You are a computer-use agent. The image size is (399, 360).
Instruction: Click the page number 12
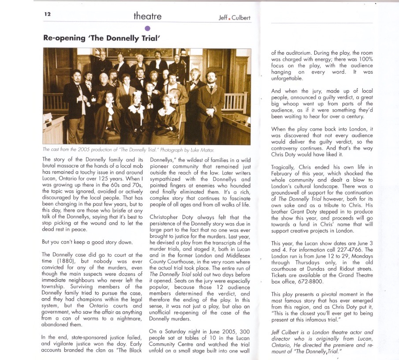pyautogui.click(x=48, y=14)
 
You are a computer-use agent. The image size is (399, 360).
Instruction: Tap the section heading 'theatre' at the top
pyautogui.click(x=147, y=17)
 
